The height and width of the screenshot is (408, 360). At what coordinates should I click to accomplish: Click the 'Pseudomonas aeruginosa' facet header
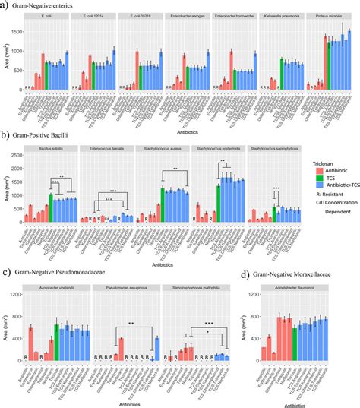(x=127, y=289)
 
